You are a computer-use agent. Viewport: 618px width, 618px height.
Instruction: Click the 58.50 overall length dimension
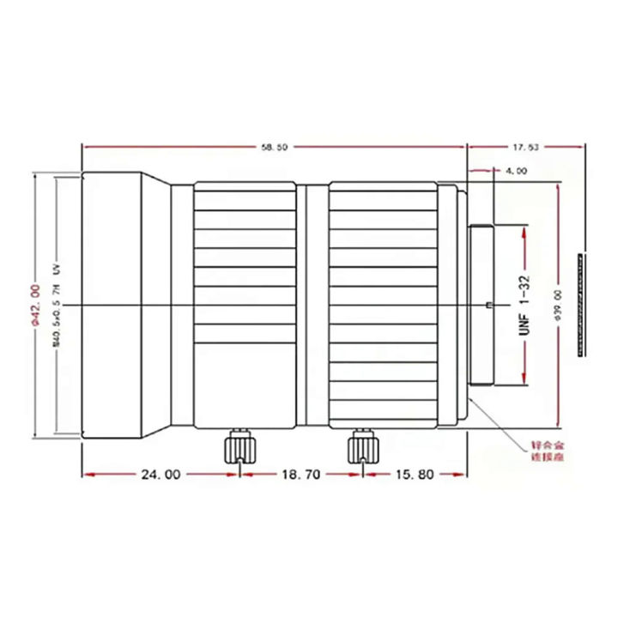tap(274, 148)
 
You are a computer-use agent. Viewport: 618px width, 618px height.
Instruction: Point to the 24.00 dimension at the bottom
tap(161, 473)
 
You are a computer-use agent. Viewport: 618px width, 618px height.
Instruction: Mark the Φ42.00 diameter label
tap(36, 305)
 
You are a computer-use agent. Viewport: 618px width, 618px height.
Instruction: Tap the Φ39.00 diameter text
tap(558, 305)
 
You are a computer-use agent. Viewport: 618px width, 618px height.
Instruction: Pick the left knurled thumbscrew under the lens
tap(238, 447)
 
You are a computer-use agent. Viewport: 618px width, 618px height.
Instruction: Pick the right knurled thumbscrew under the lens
tap(360, 447)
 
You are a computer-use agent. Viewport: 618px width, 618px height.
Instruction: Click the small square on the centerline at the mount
tap(488, 305)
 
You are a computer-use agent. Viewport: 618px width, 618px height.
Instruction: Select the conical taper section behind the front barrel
tap(158, 305)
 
